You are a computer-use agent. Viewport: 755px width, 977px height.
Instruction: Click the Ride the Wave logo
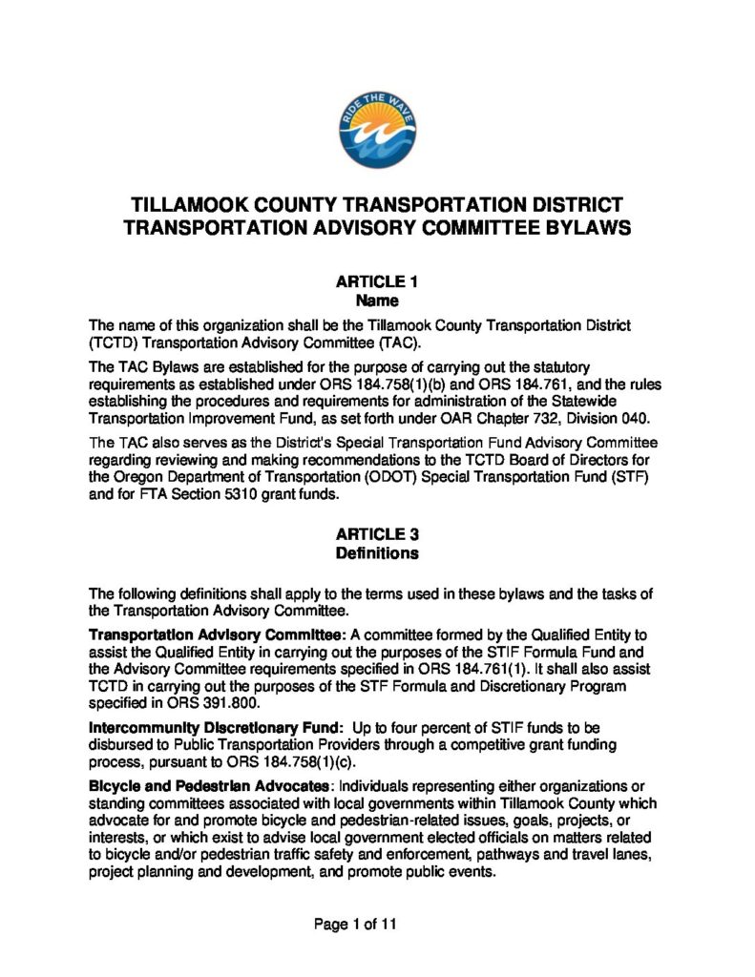pos(376,132)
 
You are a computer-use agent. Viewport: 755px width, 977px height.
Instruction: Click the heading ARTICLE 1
pos(377,281)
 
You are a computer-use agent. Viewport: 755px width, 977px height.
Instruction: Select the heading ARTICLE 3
pos(377,534)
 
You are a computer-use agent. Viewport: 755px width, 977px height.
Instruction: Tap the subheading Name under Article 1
pos(377,301)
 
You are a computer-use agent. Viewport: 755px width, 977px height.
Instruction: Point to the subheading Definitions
pos(377,553)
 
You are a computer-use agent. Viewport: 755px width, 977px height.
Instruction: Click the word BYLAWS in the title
pos(582,228)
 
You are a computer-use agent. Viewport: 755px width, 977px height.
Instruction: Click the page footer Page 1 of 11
pos(355,924)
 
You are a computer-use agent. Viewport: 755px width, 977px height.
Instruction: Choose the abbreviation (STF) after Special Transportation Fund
pos(629,477)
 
